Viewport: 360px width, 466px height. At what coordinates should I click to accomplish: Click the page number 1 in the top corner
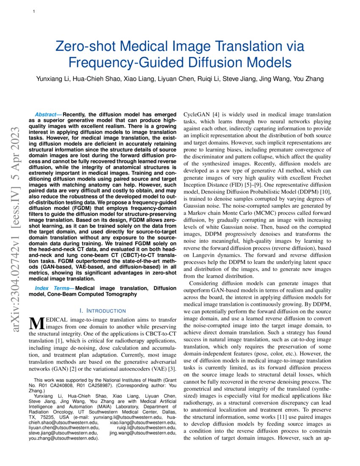[33, 11]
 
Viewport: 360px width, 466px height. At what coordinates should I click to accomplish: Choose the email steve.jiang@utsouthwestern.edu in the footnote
[63, 433]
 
